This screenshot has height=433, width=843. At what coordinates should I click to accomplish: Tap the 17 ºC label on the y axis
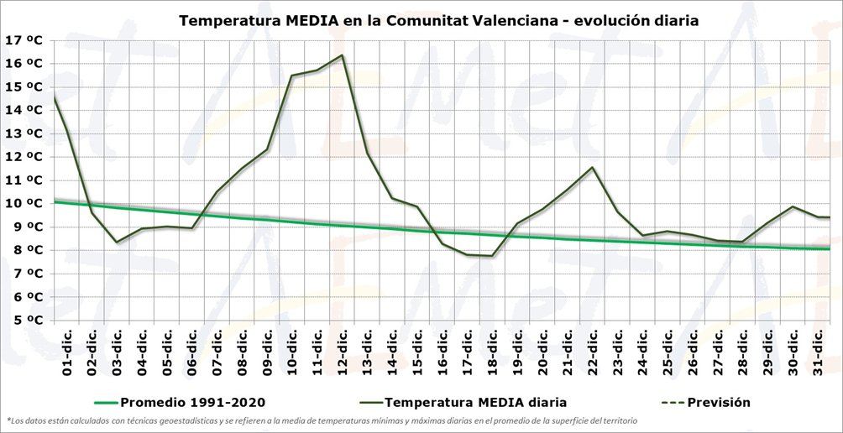[x=24, y=39]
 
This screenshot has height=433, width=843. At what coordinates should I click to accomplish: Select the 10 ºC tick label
[x=24, y=203]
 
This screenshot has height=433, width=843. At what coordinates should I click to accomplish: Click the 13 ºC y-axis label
[x=24, y=133]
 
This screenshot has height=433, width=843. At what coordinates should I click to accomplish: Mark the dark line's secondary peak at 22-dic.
[x=593, y=167]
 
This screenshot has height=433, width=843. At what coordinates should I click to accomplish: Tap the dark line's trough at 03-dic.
[x=117, y=243]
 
